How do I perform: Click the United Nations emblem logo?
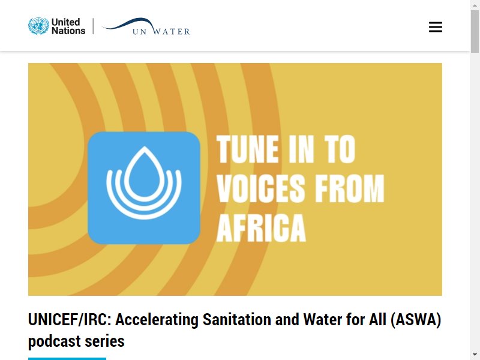[38, 26]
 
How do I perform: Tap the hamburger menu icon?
[436, 27]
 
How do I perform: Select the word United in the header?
[65, 22]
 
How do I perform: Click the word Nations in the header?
[68, 31]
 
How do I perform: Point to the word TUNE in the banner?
[248, 149]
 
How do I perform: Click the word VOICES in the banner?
[261, 188]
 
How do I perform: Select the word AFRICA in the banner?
[261, 228]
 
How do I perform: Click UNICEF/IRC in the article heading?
[70, 320]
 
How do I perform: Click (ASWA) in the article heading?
[416, 320]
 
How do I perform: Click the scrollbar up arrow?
[475, 5]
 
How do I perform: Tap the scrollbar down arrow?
[475, 355]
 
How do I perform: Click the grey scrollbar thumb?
[475, 31]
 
